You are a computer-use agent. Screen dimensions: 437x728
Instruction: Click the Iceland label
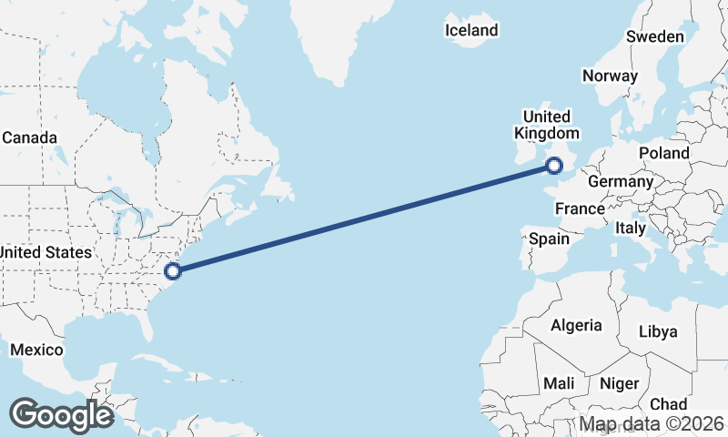471,30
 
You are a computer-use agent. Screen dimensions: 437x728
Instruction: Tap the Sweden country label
654,36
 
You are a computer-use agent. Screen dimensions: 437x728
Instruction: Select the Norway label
610,76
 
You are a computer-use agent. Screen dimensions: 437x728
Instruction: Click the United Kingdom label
546,125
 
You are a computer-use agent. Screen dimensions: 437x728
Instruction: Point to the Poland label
664,153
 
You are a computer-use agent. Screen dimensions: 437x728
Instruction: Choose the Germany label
621,181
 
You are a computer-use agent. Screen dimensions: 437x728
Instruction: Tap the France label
580,208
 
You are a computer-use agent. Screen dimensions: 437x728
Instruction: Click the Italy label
630,228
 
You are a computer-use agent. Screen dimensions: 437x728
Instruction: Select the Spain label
549,239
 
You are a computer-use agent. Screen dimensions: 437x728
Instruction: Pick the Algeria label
576,325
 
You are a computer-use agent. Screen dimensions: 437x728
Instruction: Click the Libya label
658,331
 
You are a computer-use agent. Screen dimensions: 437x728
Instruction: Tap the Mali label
558,383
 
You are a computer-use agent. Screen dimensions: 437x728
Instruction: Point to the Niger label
620,383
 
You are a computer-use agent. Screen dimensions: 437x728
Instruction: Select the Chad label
668,403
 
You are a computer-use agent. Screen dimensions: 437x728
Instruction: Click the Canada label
29,138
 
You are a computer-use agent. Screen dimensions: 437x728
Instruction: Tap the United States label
45,252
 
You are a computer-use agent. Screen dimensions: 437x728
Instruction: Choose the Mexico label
36,350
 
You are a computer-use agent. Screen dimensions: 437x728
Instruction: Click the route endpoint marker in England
554,165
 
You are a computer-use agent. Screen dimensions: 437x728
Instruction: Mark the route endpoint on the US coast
173,269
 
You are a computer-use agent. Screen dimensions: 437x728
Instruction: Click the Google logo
61,415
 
